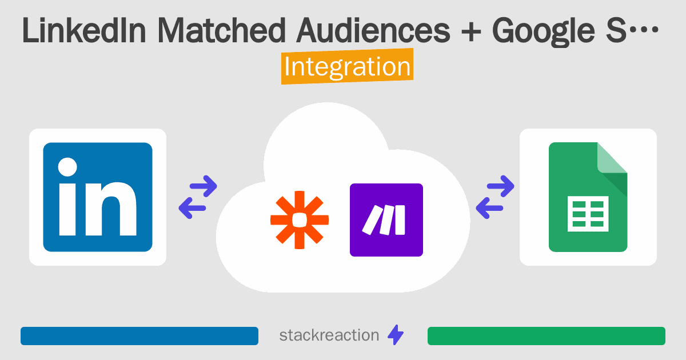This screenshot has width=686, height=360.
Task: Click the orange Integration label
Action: coord(347,67)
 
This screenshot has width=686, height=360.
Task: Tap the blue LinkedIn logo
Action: coord(98,197)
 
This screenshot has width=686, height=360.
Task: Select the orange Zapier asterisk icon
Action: coord(300,220)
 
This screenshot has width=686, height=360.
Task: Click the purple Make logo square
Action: coord(386,220)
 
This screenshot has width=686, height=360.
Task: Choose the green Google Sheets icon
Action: coord(588,197)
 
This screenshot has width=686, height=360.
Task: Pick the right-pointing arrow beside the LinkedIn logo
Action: coord(202,186)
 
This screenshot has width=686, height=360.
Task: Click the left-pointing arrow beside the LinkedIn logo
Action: coord(193,207)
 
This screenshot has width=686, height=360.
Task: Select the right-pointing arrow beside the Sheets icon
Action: coord(500,186)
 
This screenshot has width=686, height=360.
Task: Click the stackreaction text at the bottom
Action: coord(329,335)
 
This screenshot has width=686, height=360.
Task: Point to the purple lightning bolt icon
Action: coord(396,335)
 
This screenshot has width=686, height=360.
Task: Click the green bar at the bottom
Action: coord(546,336)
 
